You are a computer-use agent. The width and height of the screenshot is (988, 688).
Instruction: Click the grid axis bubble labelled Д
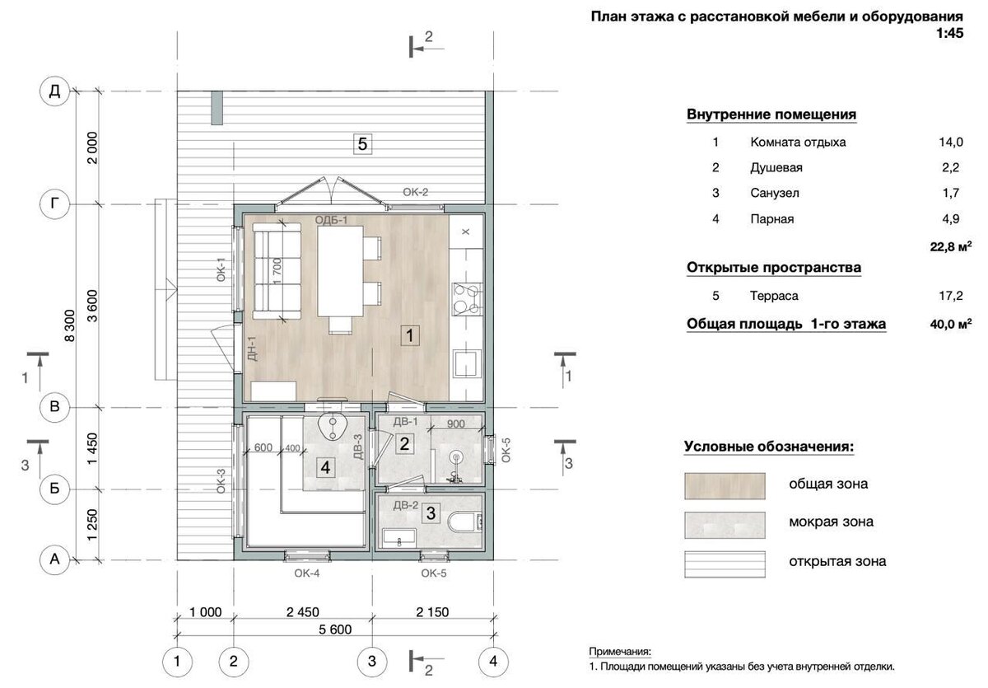55,91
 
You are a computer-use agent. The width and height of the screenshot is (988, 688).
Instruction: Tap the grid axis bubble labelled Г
55,204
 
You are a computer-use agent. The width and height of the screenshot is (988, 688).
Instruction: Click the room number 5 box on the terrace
362,144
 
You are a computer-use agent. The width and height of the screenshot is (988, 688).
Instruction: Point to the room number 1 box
410,335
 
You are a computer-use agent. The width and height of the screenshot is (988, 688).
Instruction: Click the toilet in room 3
464,522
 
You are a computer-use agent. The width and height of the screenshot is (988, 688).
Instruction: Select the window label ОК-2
417,193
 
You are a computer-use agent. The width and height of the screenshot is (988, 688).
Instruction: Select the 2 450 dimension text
302,612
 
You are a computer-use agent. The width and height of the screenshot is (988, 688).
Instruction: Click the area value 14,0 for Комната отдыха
950,142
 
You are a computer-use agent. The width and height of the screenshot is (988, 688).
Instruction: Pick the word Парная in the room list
772,218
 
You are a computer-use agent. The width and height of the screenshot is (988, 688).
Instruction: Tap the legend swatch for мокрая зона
725,522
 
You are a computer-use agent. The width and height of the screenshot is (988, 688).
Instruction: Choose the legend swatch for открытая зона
725,562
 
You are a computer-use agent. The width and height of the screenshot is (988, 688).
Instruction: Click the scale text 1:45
949,35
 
